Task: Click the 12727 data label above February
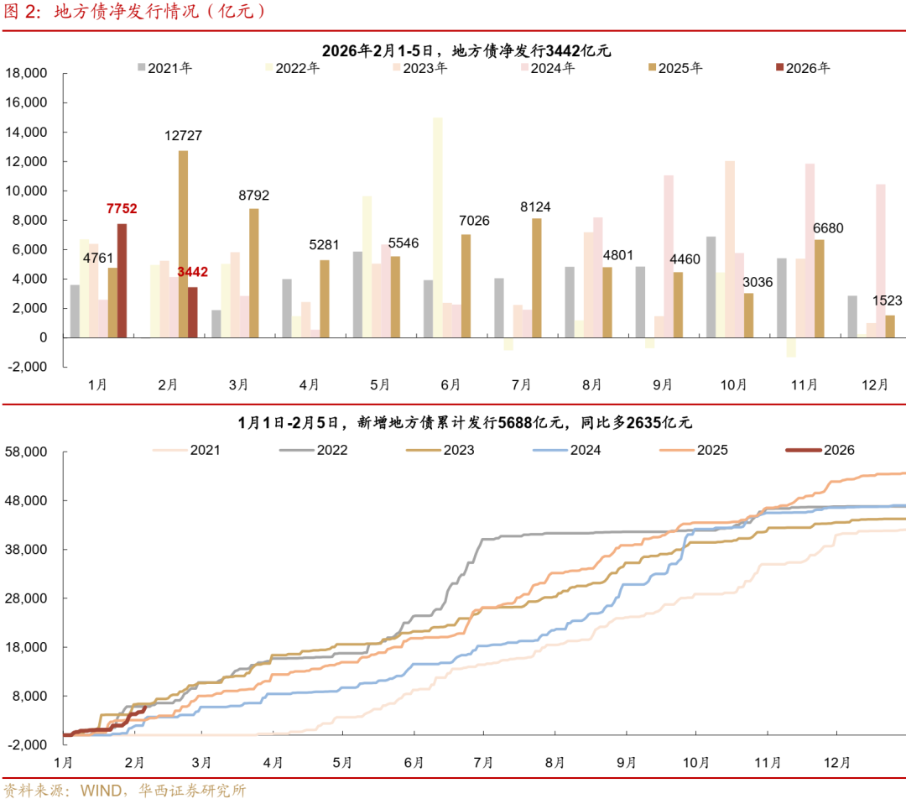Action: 183,136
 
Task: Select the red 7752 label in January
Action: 122,209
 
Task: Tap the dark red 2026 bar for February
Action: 192,312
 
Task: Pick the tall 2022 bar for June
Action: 437,227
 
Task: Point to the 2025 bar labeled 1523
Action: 890,326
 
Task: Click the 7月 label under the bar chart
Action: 521,384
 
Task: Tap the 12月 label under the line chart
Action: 837,762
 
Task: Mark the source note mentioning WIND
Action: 125,790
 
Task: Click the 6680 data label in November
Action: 829,228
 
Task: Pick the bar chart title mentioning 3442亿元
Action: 466,50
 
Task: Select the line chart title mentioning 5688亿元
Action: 465,423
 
